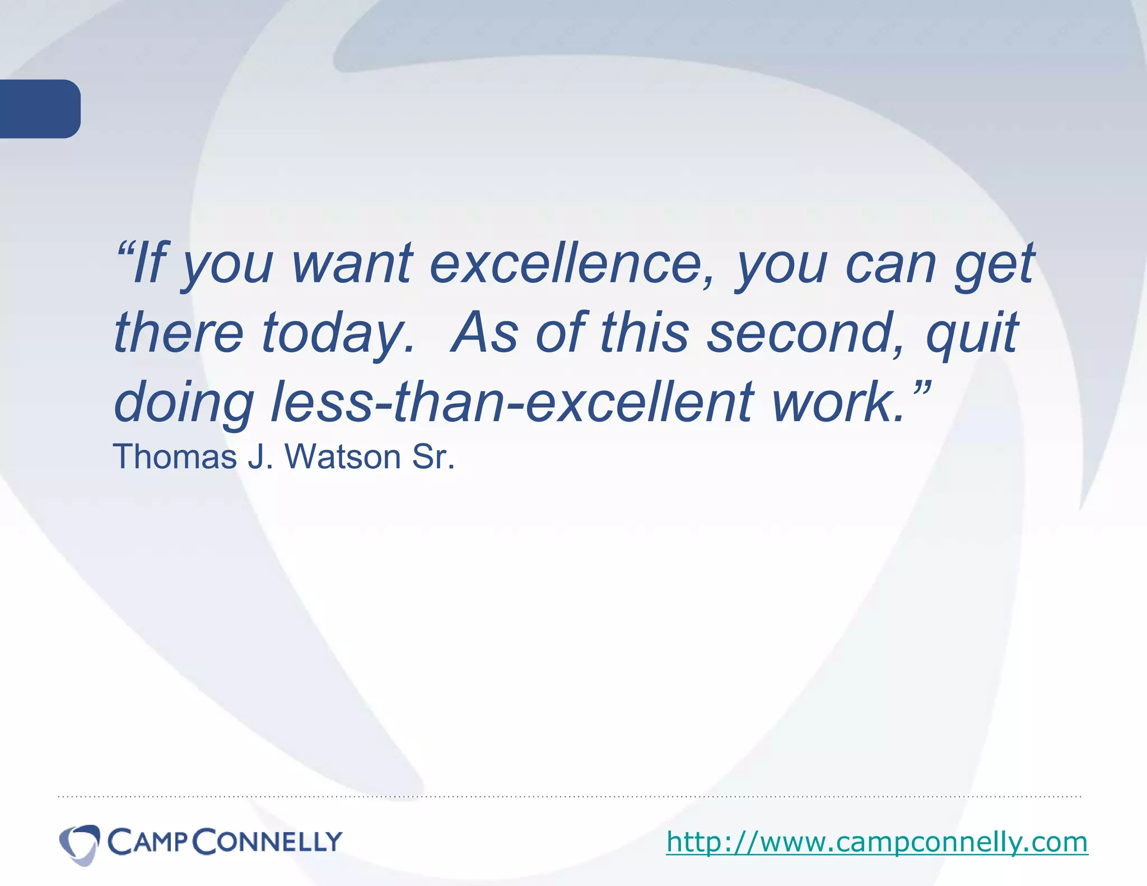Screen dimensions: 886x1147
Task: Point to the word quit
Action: point(971,333)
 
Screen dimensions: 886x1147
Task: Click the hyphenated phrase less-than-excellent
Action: point(512,402)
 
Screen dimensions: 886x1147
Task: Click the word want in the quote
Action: point(352,264)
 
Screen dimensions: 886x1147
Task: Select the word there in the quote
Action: point(178,333)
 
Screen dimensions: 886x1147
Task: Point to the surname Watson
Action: point(343,456)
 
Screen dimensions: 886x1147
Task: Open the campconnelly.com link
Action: point(877,842)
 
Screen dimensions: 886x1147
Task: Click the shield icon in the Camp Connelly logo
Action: point(80,843)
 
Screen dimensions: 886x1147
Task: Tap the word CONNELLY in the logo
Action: point(268,842)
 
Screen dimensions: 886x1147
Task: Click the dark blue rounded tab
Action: point(39,109)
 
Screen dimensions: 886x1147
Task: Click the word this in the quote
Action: point(645,333)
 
